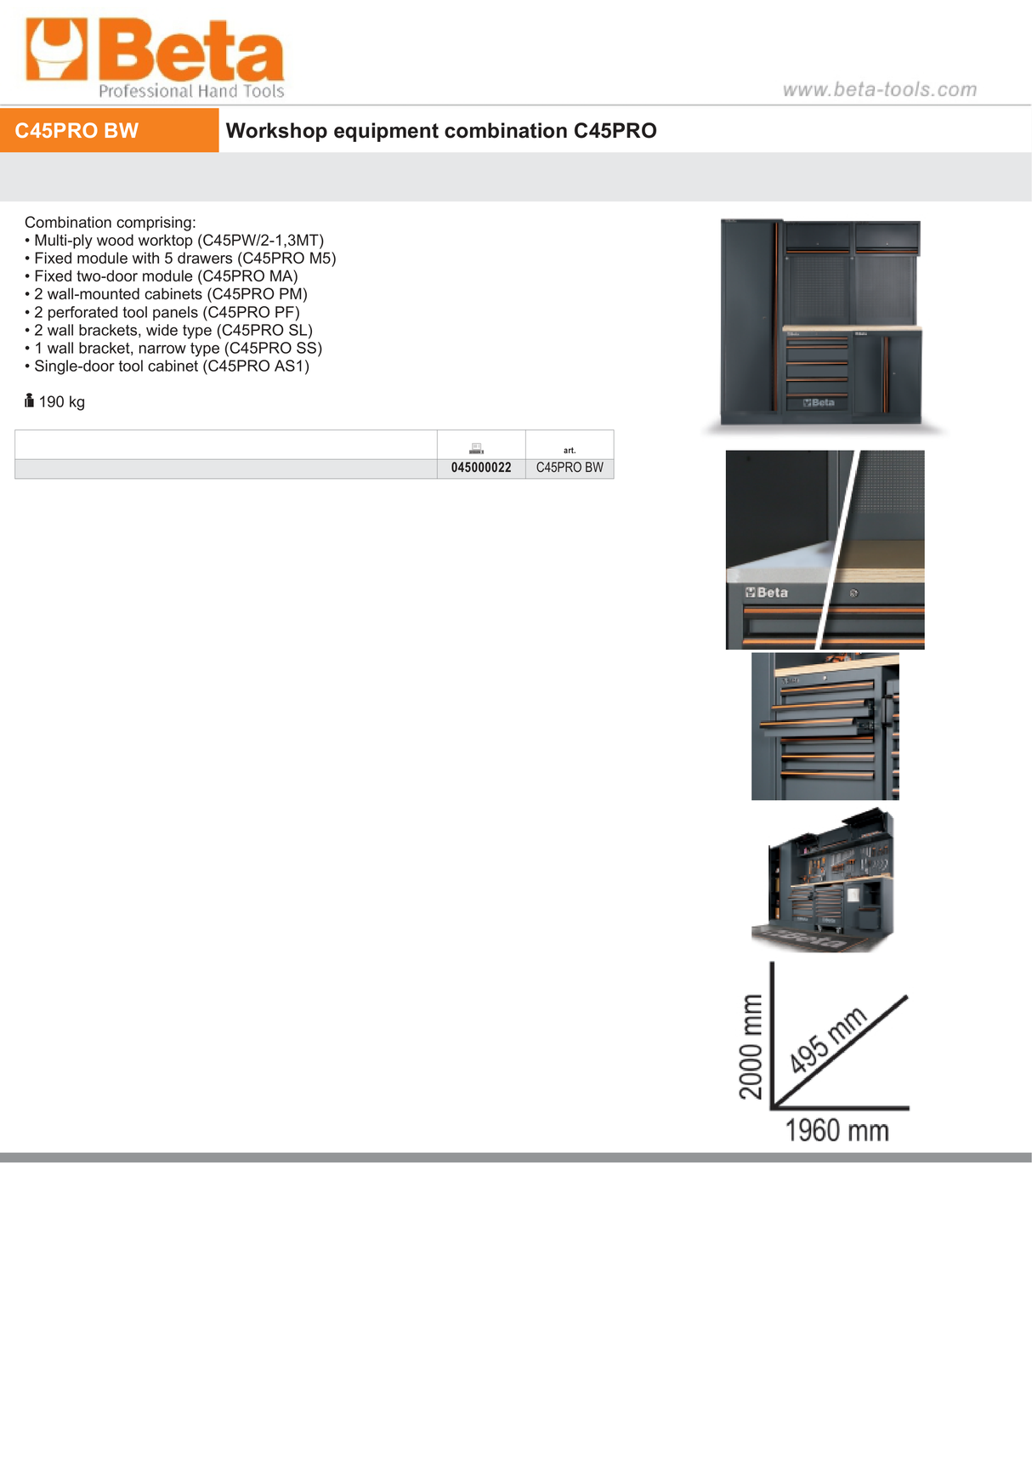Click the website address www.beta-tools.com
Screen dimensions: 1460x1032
879,89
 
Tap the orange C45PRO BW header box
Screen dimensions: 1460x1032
109,130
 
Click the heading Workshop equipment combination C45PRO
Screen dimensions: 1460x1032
440,131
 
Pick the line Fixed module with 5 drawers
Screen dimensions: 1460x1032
184,258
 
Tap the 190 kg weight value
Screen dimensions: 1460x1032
61,402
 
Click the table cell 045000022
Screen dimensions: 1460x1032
481,469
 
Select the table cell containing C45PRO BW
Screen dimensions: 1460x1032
570,469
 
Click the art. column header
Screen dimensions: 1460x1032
570,450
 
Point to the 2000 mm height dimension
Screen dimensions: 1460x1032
751,1046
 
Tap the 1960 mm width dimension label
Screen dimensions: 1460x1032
836,1131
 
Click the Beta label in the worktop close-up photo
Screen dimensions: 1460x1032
768,593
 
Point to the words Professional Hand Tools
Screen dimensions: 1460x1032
191,91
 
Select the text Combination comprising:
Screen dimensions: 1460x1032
110,223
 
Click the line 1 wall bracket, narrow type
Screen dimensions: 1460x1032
178,349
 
